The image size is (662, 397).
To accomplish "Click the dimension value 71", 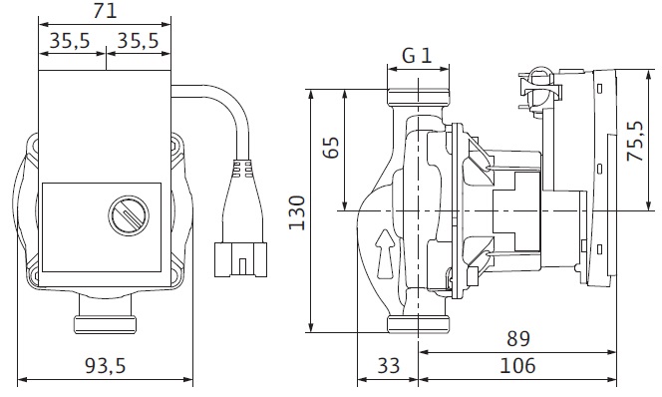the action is tap(105, 11).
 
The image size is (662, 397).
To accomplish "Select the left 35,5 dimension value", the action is tap(70, 41).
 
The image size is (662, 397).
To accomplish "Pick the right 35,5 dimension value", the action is tap(138, 41).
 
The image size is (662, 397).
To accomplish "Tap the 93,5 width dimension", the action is tap(106, 366).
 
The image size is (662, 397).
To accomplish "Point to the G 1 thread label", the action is tap(417, 55).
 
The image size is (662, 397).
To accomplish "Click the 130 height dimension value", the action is tap(297, 212).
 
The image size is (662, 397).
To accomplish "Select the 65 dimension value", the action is tap(331, 148).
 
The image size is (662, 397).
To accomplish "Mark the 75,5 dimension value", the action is tap(635, 141).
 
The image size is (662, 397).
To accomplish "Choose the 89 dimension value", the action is tap(518, 338).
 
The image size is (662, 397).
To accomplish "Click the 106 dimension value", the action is tap(517, 366).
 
